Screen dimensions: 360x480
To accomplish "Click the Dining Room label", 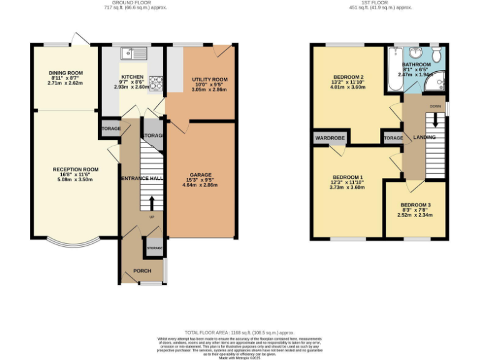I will [65, 73].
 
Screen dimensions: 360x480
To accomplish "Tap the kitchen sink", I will [134, 52].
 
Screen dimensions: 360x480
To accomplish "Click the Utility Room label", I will [209, 80].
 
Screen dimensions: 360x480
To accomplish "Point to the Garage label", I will [201, 175].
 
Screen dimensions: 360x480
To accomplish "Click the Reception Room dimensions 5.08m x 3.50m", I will [76, 179].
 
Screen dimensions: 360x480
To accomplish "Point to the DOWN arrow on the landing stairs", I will [436, 116].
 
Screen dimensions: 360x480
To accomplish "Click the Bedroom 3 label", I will [416, 205].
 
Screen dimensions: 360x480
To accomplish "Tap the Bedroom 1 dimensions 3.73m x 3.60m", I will [347, 187].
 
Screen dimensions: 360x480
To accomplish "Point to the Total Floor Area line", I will [239, 332].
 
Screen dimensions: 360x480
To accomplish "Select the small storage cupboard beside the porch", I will [154, 248].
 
